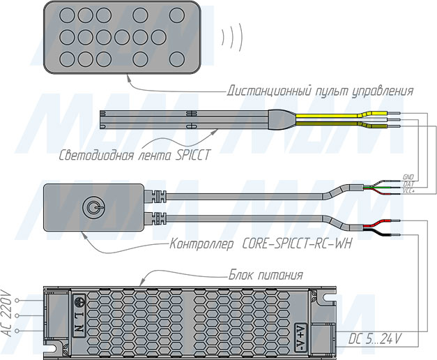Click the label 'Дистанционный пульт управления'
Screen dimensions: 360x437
[321, 91]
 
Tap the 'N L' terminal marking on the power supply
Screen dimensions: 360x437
[80, 322]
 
